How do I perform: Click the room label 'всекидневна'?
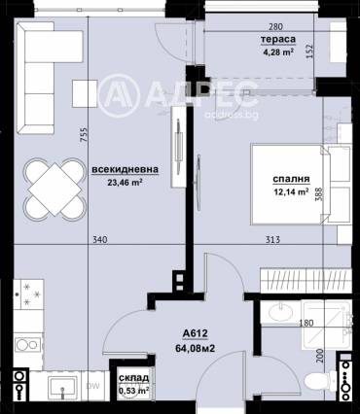tap(126, 169)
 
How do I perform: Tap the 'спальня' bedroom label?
tap(291, 179)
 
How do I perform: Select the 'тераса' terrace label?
tap(278, 40)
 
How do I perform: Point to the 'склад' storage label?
tap(133, 378)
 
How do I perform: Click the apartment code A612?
tap(195, 333)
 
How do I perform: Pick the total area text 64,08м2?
tap(195, 349)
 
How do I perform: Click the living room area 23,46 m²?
tap(126, 183)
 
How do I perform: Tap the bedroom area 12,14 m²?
tap(291, 191)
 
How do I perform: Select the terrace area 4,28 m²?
tap(278, 52)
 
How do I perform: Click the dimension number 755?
tap(84, 135)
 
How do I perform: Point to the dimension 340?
tap(100, 240)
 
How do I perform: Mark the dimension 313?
tap(272, 240)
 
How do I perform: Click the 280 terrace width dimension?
tap(275, 26)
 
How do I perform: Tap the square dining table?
tap(54, 190)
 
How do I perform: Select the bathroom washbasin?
tap(281, 312)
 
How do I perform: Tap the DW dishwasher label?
tap(92, 386)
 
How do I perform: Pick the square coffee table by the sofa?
tap(85, 93)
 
